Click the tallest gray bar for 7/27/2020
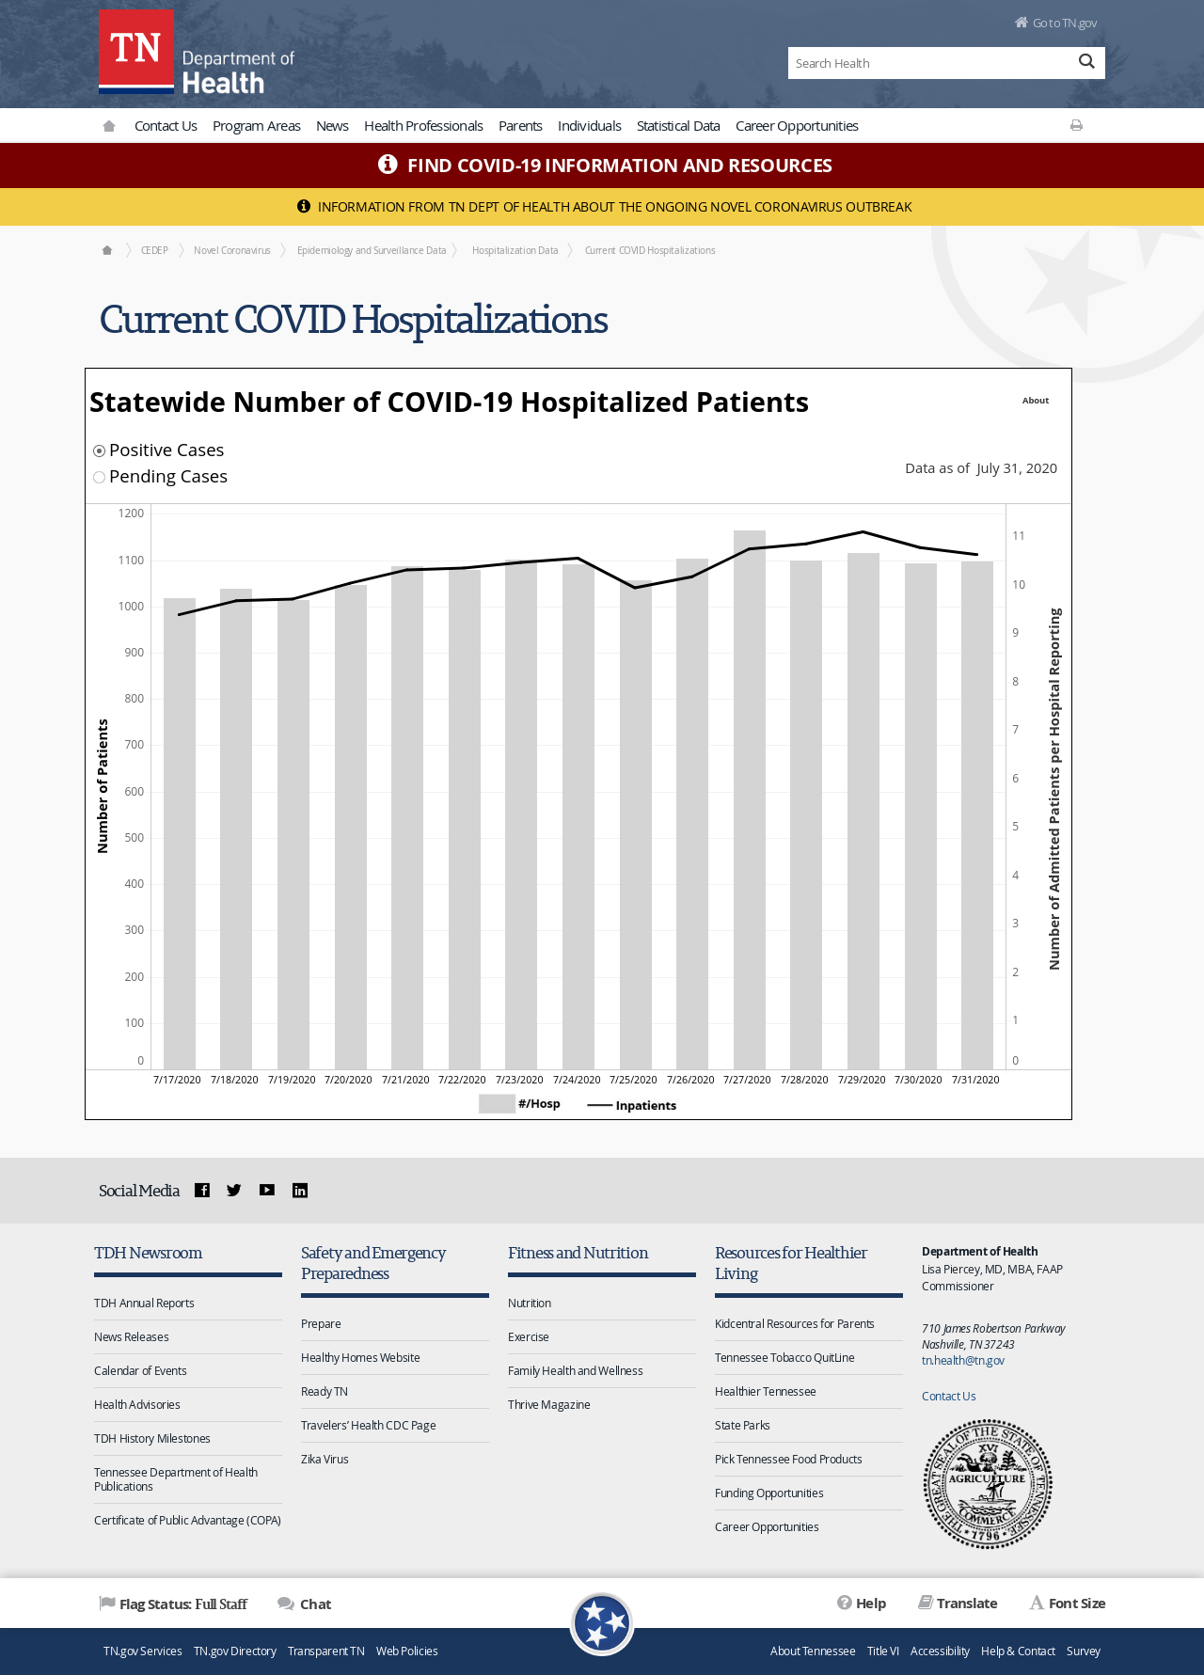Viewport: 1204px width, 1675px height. pyautogui.click(x=750, y=799)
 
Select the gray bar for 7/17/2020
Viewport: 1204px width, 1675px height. pyautogui.click(x=180, y=833)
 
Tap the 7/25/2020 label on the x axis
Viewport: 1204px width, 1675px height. pyautogui.click(x=633, y=1080)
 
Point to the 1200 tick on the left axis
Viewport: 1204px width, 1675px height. pyautogui.click(x=132, y=514)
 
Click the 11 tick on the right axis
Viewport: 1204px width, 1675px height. pyautogui.click(x=1019, y=536)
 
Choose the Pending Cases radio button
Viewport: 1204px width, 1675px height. pyautogui.click(x=99, y=477)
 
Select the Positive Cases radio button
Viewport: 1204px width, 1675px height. pyautogui.click(x=99, y=450)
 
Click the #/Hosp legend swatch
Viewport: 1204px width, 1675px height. pyautogui.click(x=497, y=1104)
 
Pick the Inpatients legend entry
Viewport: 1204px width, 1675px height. pyautogui.click(x=632, y=1105)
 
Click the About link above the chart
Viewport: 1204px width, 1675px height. pyautogui.click(x=1036, y=401)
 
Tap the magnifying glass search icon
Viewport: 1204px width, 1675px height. pyautogui.click(x=1086, y=62)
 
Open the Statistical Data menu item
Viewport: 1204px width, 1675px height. pyautogui.click(x=678, y=126)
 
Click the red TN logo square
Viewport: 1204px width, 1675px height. pyautogui.click(x=136, y=52)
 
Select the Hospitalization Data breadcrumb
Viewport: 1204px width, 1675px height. pyautogui.click(x=515, y=250)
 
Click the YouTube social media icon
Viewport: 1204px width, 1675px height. pyautogui.click(x=267, y=1190)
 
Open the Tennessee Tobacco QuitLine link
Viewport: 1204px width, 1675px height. pyautogui.click(x=784, y=1357)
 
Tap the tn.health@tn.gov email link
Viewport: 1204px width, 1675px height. pyautogui.click(x=963, y=1360)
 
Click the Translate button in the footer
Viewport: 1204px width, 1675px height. pyautogui.click(x=958, y=1604)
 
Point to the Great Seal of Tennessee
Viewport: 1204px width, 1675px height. pyautogui.click(x=988, y=1484)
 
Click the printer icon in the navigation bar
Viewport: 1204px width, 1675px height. pyautogui.click(x=1076, y=125)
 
